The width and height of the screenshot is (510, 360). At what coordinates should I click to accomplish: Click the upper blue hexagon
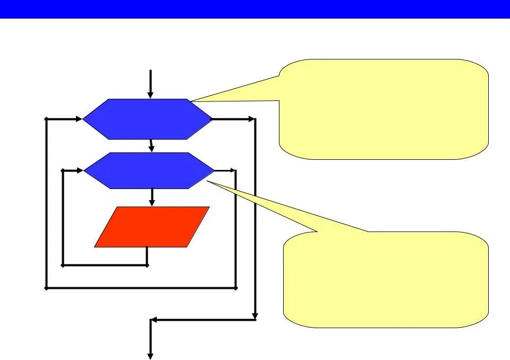coord(148,119)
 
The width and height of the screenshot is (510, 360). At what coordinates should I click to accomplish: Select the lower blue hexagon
coord(149,170)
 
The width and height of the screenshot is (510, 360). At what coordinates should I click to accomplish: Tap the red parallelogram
coord(152,227)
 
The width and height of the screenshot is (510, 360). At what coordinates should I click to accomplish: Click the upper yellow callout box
coord(384,109)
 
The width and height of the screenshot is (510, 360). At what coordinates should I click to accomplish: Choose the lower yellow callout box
coord(386,279)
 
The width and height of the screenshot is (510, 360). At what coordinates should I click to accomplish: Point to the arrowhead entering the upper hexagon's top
coord(150,95)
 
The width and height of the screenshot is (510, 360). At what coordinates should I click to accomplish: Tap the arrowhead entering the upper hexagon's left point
coord(79,119)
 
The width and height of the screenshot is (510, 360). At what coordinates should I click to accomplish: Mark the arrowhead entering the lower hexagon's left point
coord(80,170)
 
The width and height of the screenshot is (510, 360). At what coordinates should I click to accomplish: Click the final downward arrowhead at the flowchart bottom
coord(150,355)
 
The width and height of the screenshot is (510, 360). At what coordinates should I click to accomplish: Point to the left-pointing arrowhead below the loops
coord(155,320)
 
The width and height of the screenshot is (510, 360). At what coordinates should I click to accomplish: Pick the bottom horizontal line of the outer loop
coord(141,288)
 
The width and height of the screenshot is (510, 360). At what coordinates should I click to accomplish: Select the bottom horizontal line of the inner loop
coord(105,265)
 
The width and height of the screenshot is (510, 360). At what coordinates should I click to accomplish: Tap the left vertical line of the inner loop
coord(63,218)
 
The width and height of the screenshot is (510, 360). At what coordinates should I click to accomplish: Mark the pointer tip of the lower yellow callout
coord(208,182)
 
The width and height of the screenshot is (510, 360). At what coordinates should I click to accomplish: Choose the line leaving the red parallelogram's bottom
coord(147,256)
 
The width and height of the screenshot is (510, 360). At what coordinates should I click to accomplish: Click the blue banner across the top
coord(255,9)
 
